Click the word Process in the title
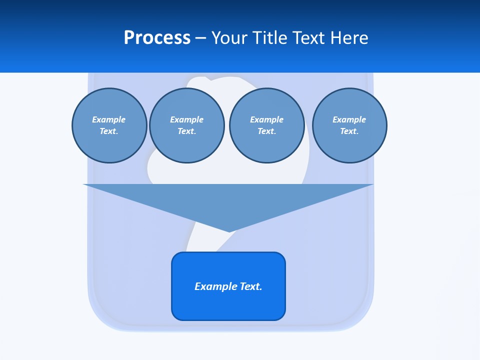[x=157, y=38]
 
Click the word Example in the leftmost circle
[x=109, y=119]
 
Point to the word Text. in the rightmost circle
[x=349, y=131]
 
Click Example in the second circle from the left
[x=186, y=119]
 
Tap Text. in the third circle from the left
[x=266, y=131]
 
